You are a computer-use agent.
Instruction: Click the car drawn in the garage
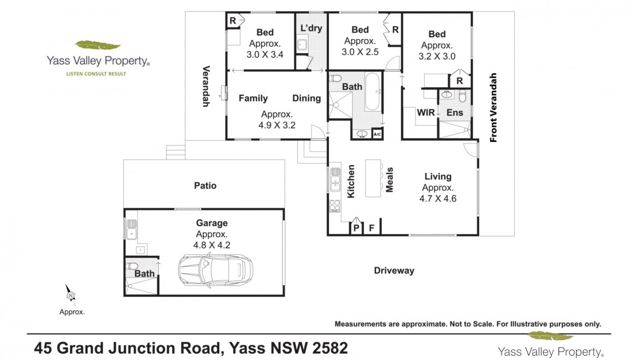click(215, 270)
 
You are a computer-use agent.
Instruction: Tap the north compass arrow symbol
click(71, 295)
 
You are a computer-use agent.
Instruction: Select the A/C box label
click(377, 134)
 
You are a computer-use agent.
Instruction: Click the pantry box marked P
click(356, 227)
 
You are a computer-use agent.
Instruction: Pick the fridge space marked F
click(371, 228)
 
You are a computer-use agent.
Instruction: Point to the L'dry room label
click(311, 28)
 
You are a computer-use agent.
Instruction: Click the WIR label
click(425, 112)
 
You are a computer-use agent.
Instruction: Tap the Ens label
click(454, 112)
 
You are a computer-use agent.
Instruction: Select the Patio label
click(205, 185)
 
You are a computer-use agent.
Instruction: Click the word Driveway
click(394, 271)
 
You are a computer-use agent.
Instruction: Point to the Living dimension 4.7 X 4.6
click(438, 199)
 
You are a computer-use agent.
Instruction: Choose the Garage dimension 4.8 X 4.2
click(212, 245)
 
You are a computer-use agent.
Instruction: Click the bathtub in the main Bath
click(372, 92)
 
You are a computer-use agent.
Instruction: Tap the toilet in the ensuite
click(462, 97)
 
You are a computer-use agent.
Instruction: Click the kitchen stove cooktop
click(334, 206)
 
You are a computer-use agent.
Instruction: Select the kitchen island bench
click(373, 178)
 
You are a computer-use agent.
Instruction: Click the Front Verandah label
click(493, 108)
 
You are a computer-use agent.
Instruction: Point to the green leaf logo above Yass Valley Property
click(98, 45)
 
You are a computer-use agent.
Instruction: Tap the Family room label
click(253, 98)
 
